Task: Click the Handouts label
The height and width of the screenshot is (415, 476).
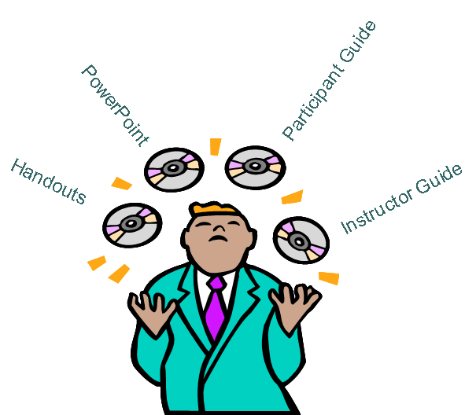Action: pos(47,182)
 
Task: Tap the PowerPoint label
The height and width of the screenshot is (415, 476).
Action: pos(115,105)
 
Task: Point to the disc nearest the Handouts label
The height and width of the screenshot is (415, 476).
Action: pos(132,225)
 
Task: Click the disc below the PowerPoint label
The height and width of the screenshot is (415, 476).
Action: pos(174,169)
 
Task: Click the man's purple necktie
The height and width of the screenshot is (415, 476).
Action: pos(215,308)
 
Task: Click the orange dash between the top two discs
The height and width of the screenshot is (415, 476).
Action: pos(215,146)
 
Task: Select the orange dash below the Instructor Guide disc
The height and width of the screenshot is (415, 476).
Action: pos(329,277)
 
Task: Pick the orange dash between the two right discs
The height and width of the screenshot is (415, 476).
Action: pos(292,196)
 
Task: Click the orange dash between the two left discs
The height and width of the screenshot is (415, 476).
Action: pos(121,184)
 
